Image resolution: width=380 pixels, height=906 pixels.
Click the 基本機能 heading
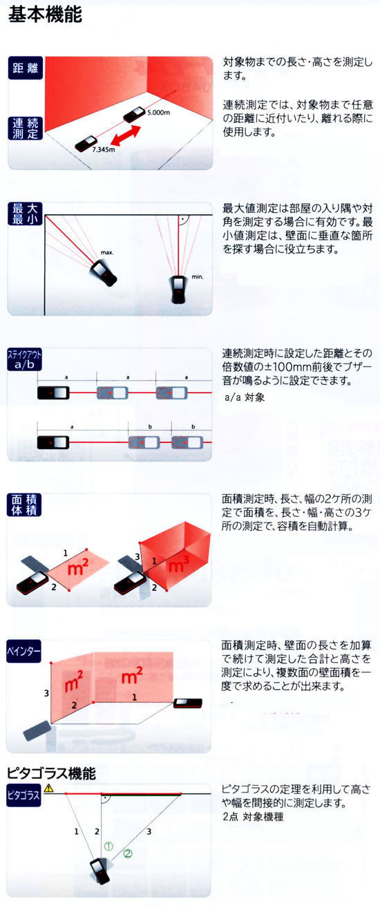45,15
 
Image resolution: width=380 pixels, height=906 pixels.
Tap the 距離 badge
25,68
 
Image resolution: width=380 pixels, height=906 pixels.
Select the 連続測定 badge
25,129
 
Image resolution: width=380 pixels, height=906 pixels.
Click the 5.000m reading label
158,113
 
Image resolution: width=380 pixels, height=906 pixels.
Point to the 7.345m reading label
103,150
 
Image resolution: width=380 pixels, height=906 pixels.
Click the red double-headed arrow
126,135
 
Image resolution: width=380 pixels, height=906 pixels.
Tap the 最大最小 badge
25,214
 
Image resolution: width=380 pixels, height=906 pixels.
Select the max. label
107,252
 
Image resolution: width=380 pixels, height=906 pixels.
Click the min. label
198,276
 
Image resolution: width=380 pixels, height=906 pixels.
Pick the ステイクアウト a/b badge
24,359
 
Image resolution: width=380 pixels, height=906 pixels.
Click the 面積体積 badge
24,505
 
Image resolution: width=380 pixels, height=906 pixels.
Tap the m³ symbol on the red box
178,564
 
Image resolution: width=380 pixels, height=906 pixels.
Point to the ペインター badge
23,651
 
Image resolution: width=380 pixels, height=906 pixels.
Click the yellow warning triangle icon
49,788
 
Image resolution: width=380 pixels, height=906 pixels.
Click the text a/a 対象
245,397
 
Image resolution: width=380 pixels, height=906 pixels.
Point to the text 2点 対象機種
253,816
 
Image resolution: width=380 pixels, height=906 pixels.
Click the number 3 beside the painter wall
46,693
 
